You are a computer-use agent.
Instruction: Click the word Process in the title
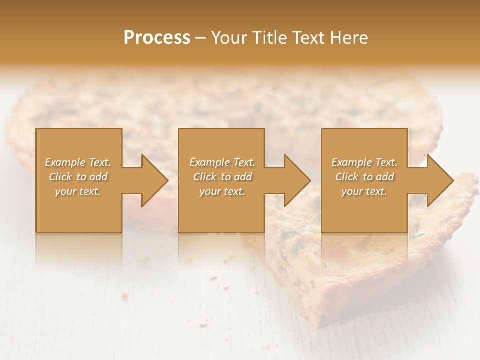(157, 38)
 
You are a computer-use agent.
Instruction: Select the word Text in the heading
(309, 38)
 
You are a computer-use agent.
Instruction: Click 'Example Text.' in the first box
(78, 162)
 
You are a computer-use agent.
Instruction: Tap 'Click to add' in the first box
(78, 177)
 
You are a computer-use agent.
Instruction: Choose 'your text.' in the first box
(78, 191)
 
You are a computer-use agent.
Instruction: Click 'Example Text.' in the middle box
(222, 162)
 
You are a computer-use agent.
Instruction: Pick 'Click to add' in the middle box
(222, 177)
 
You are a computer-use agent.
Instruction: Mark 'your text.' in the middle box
(222, 191)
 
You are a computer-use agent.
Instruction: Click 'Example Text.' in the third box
(364, 162)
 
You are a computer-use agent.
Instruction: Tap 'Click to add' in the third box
(364, 177)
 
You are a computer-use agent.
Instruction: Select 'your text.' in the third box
(364, 191)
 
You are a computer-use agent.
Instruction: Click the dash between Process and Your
(201, 38)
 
